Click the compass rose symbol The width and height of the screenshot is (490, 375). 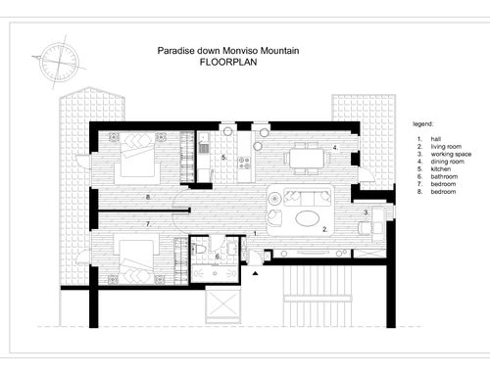59,62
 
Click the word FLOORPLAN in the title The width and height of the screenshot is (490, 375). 228,62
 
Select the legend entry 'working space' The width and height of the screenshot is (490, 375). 451,154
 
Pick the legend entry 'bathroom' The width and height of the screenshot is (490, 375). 444,176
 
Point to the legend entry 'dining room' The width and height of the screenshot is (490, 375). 447,162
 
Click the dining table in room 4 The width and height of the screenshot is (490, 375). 307,159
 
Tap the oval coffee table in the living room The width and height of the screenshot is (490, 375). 307,217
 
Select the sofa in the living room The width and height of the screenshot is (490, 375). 308,197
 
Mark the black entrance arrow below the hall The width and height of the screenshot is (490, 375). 256,273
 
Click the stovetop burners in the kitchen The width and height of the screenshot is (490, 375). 244,164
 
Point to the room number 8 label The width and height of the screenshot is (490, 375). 148,197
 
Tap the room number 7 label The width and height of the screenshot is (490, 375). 148,224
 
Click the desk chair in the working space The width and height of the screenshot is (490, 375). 365,228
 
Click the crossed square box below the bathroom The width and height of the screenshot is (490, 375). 223,305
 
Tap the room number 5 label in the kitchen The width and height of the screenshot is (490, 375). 223,158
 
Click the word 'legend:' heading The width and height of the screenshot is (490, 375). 422,124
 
